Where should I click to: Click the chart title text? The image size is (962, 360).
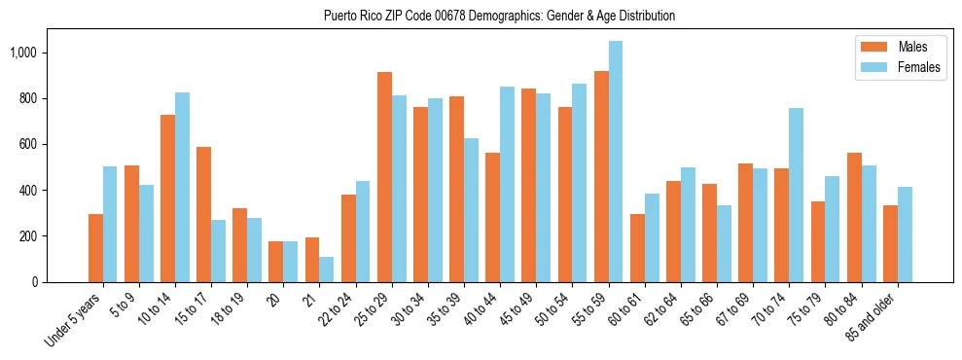[x=500, y=16]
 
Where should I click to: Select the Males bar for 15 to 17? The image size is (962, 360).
[x=203, y=214]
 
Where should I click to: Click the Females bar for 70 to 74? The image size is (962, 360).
[x=797, y=195]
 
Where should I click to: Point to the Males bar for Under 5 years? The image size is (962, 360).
[x=95, y=248]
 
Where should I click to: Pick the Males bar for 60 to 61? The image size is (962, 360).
[x=637, y=248]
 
